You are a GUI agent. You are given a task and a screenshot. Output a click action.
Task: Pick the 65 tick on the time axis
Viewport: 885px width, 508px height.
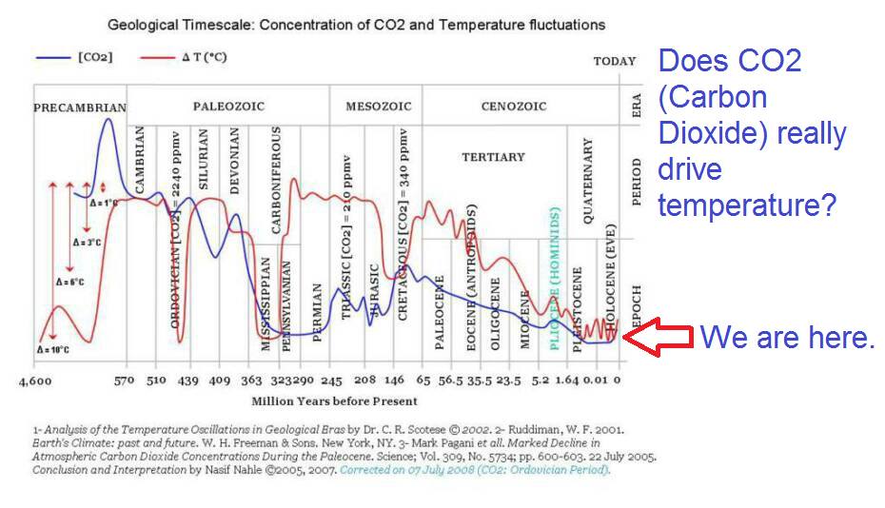coord(423,381)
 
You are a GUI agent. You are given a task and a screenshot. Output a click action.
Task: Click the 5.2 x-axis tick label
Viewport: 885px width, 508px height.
coord(541,381)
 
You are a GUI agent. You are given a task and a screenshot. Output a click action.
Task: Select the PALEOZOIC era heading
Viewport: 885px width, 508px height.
coord(228,107)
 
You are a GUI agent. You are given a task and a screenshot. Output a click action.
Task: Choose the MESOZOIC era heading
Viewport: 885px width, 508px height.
coord(378,107)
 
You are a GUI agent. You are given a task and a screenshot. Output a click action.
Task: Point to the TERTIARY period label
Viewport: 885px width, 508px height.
coord(493,157)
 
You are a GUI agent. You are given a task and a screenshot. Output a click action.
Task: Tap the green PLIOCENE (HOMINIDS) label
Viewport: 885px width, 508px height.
coord(555,278)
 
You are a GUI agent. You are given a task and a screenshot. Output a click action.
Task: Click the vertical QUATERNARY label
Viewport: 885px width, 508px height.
coord(587,181)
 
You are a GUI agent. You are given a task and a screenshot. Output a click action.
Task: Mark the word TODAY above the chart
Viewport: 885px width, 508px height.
coord(614,61)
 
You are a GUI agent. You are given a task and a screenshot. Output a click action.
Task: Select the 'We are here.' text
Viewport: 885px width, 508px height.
coord(787,337)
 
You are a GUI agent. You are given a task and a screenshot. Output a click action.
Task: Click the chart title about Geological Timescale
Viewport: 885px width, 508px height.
coord(356,24)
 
